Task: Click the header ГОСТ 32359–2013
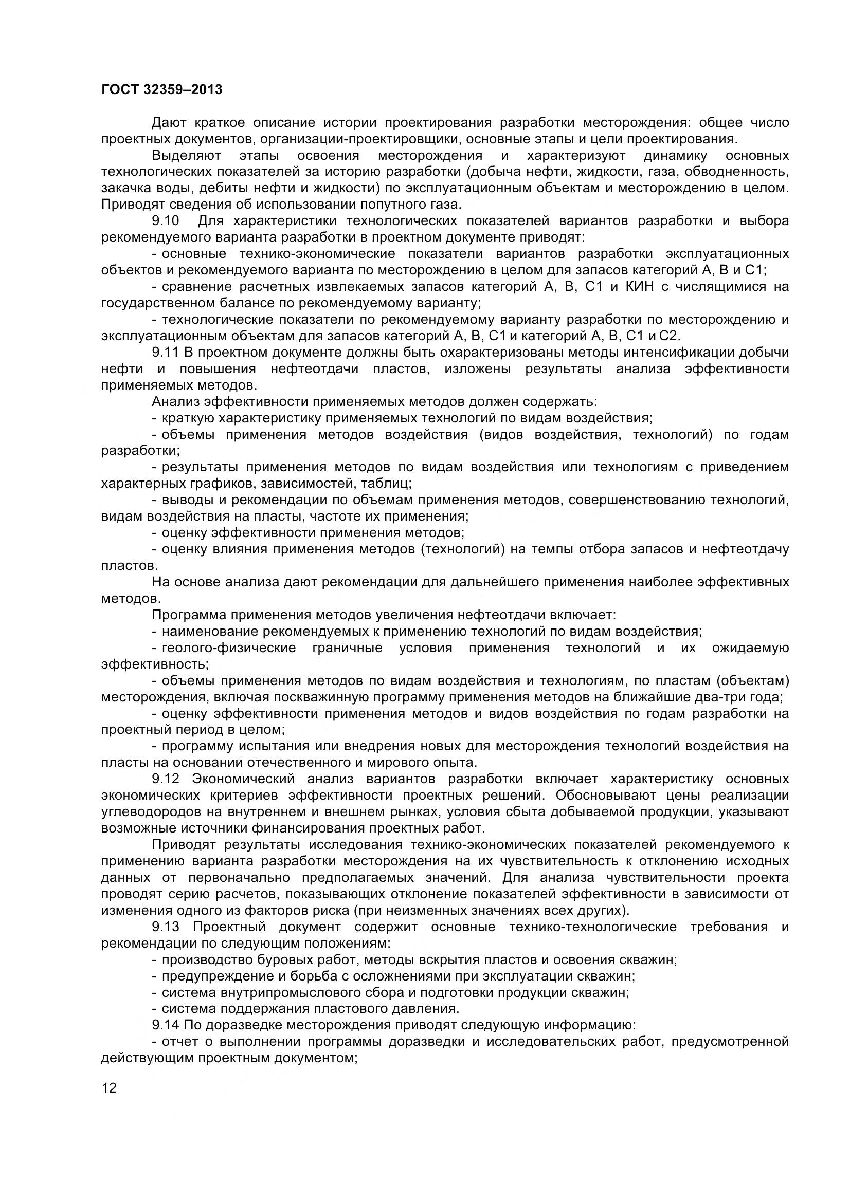coord(161,90)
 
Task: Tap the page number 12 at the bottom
coord(109,1088)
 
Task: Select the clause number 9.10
coord(166,221)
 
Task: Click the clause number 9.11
coord(165,353)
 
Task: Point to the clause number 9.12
coord(166,779)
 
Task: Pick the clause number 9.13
coord(166,927)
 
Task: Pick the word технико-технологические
coord(592,927)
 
